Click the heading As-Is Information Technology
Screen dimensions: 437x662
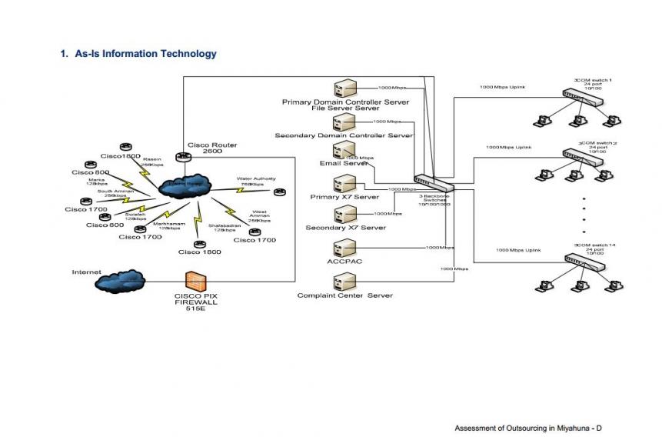click(138, 54)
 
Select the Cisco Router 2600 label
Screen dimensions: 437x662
click(212, 148)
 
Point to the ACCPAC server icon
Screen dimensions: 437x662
click(344, 248)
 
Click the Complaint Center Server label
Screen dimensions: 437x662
click(345, 295)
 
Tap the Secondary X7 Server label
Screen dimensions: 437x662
click(345, 228)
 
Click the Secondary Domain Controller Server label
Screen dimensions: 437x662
click(344, 135)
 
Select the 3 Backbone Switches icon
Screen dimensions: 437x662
click(434, 183)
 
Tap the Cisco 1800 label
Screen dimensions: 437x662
click(200, 252)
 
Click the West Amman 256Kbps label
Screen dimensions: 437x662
click(259, 216)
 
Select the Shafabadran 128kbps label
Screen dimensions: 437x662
click(225, 228)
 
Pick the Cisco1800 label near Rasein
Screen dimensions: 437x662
click(121, 156)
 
